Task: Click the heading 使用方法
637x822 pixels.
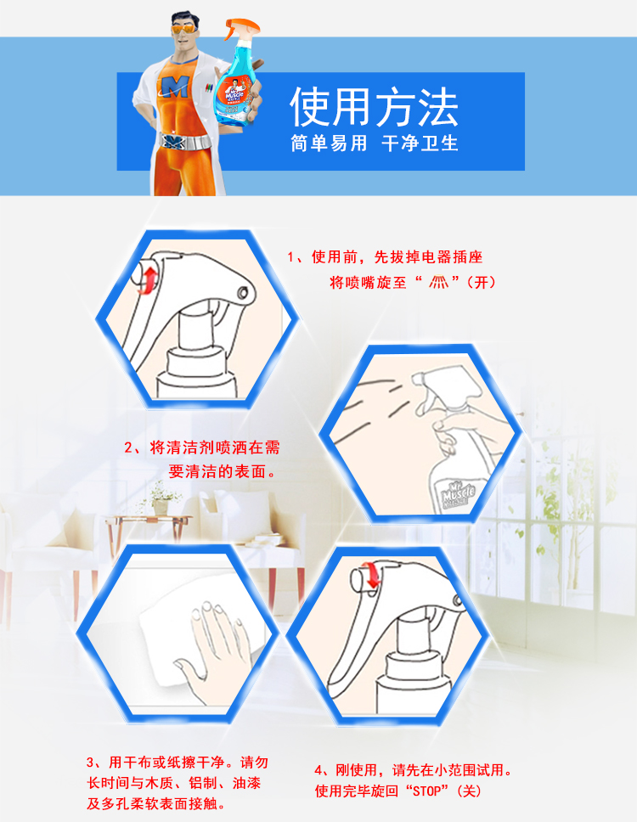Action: pos(375,107)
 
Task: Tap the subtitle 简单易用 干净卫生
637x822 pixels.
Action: pos(375,144)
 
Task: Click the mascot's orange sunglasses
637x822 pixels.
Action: pos(184,30)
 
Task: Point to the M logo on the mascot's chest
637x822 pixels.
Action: pos(175,87)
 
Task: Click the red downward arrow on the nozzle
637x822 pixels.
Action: pos(373,576)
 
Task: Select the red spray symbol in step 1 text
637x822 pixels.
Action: pos(439,283)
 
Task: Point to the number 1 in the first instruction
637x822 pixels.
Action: pos(290,256)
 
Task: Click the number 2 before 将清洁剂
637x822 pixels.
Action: pos(129,448)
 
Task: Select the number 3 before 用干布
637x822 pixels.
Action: pos(90,762)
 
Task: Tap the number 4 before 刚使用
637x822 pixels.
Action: pos(318,770)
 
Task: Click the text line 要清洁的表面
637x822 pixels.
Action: pos(221,471)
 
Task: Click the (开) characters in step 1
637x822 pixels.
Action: pos(480,283)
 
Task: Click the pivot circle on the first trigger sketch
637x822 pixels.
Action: pos(243,292)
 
